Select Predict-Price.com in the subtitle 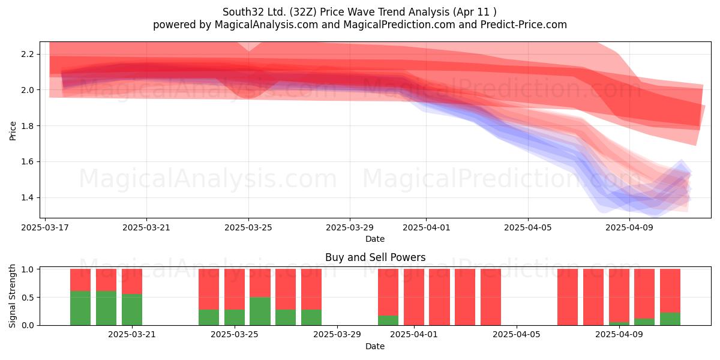(524, 25)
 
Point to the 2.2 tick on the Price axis (28, 54)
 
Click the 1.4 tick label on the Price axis (28, 197)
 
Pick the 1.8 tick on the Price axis (28, 125)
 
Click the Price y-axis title (13, 131)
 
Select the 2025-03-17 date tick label (45, 227)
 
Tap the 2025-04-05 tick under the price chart (528, 227)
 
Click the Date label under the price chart (375, 239)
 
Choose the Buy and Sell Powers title (375, 257)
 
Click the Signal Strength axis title (12, 296)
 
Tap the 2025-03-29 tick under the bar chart (337, 334)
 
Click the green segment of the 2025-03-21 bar (132, 310)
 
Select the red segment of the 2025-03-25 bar (235, 289)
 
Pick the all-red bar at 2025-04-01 (414, 297)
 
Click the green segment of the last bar (670, 319)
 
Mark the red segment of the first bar (80, 280)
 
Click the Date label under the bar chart (375, 346)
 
